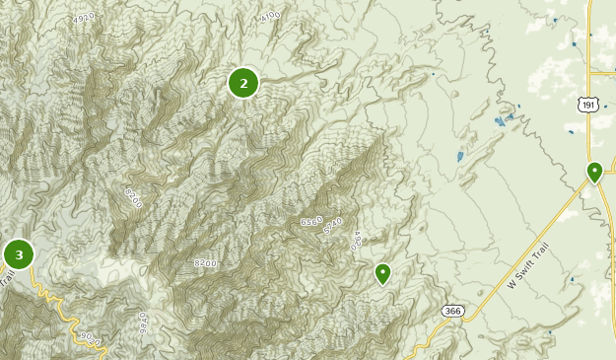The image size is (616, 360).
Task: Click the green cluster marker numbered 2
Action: pyautogui.click(x=243, y=83)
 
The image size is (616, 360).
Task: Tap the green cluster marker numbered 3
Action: pyautogui.click(x=18, y=254)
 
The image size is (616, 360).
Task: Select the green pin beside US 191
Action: pyautogui.click(x=594, y=173)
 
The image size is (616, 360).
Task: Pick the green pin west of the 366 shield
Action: pyautogui.click(x=382, y=272)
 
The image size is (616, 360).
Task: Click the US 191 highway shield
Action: pyautogui.click(x=588, y=105)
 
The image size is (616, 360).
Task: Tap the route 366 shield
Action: pyautogui.click(x=452, y=311)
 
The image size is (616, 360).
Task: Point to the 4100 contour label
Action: pyautogui.click(x=272, y=17)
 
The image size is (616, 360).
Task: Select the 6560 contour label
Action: pyautogui.click(x=311, y=223)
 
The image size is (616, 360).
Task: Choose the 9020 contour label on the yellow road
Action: pyautogui.click(x=91, y=338)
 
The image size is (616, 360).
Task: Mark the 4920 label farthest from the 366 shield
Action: pyautogui.click(x=84, y=18)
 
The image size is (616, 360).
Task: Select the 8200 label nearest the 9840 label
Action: pyautogui.click(x=205, y=263)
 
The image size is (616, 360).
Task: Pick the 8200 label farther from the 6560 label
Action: pyautogui.click(x=134, y=197)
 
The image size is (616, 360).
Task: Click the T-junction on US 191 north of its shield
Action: pyautogui.click(x=588, y=72)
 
